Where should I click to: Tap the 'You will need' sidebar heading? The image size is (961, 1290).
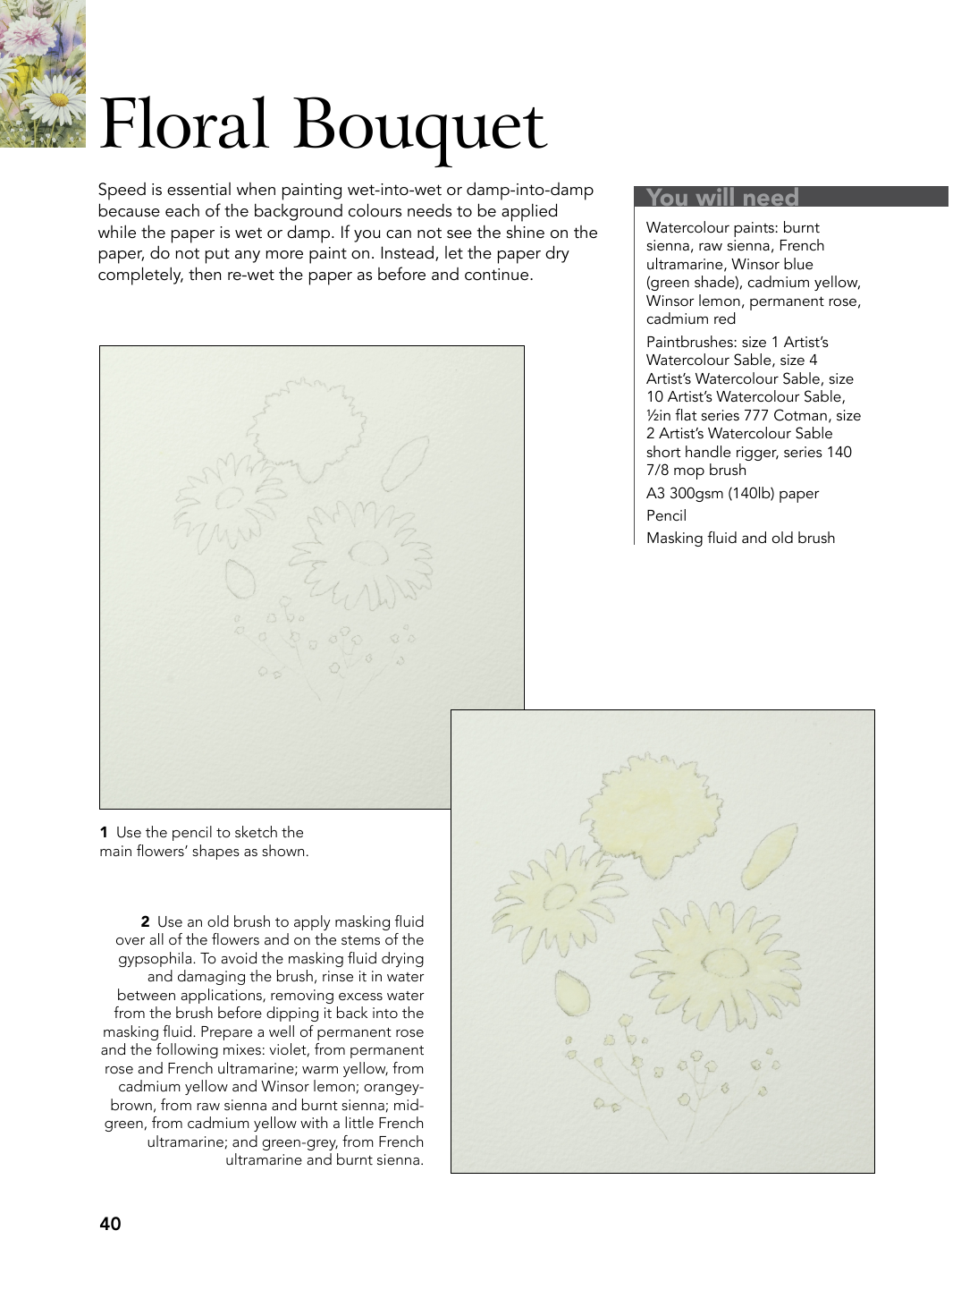(722, 197)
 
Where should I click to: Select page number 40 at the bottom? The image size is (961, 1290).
(110, 1224)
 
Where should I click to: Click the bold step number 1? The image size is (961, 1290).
(104, 833)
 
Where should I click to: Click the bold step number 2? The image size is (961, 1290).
(145, 922)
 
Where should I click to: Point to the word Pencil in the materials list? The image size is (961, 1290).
(666, 515)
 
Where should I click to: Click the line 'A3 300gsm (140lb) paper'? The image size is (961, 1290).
(732, 493)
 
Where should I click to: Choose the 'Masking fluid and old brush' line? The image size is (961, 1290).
(740, 538)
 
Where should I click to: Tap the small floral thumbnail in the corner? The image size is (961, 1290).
(42, 73)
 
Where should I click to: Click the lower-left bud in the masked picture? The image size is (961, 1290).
(572, 994)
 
